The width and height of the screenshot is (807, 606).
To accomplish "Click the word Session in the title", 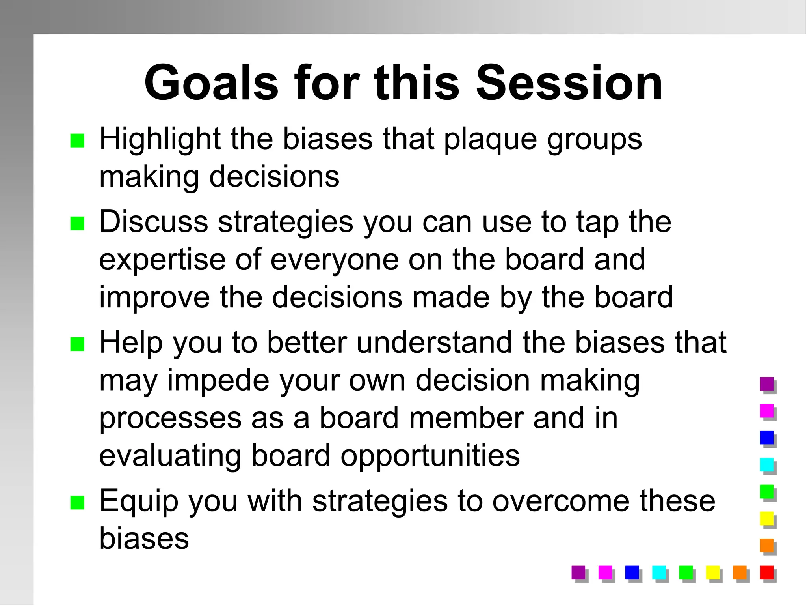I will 569,84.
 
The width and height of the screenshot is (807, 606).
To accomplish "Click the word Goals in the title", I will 212,84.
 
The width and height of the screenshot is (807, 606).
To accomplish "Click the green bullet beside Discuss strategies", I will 77,224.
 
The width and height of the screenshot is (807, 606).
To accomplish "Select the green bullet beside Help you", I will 77,344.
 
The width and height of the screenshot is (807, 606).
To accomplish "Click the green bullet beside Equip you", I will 77,503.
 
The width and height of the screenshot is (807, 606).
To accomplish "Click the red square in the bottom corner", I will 766,572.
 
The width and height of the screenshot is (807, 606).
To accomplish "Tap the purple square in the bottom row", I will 578,572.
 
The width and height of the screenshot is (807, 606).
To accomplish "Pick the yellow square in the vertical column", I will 766,518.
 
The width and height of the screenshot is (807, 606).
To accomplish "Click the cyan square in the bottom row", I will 659,572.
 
